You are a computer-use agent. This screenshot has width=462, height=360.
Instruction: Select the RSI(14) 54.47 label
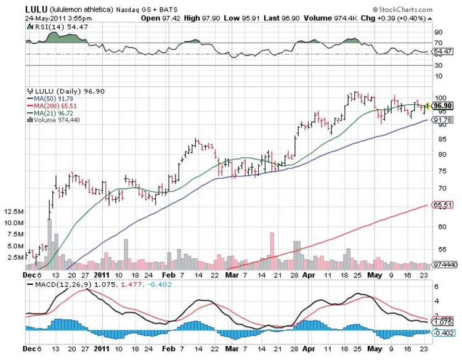click(x=49, y=27)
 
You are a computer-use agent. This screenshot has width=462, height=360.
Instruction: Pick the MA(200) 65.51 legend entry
click(x=49, y=105)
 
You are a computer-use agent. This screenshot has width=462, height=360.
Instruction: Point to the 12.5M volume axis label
click(x=13, y=211)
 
